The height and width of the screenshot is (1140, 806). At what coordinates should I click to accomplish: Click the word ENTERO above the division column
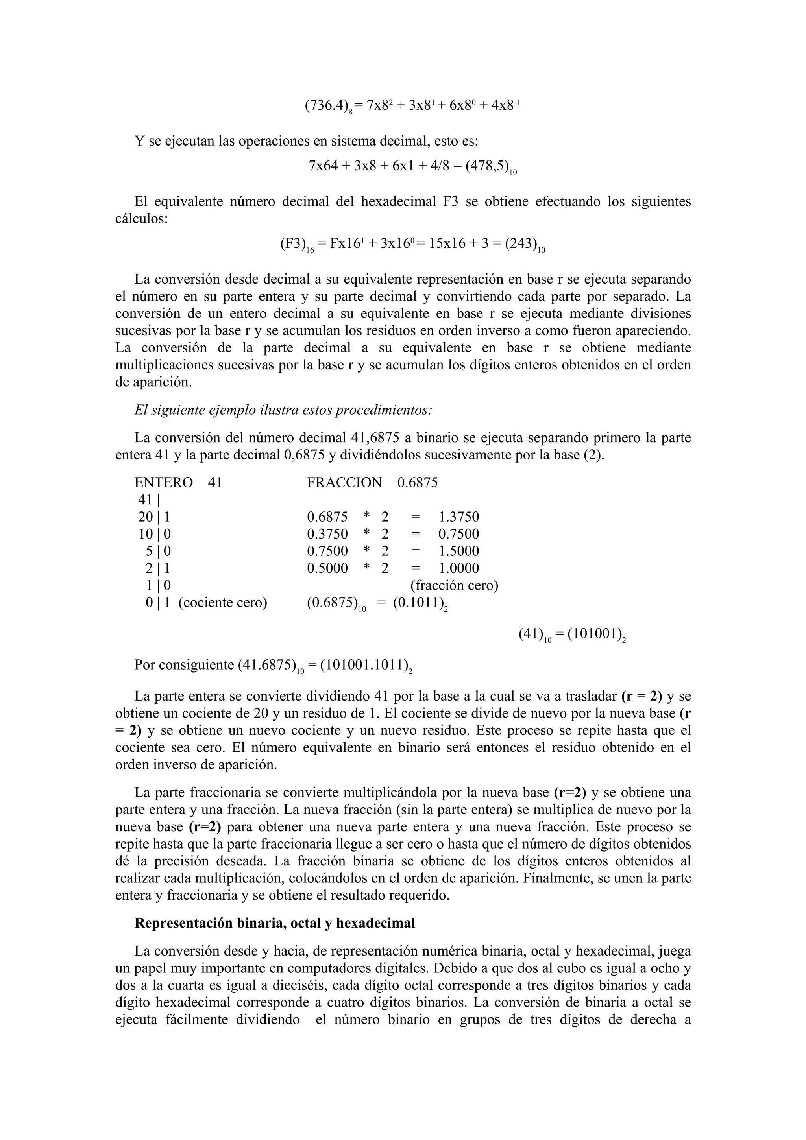163,482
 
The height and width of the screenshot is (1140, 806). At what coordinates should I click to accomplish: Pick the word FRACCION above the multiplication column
344,482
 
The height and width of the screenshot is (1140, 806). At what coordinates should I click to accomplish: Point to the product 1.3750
458,517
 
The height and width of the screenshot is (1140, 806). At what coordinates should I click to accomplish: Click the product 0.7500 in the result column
458,534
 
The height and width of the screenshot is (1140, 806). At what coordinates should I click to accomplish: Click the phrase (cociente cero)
222,602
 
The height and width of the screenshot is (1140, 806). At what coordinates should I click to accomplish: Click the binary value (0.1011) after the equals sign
417,602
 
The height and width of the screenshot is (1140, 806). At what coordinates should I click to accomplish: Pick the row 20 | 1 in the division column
154,517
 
